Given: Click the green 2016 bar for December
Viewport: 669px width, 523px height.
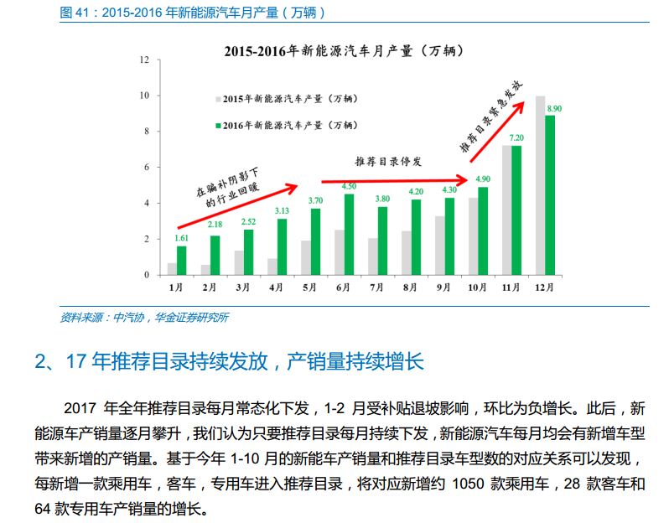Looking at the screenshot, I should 550,195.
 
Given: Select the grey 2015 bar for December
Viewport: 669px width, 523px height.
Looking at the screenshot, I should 540,185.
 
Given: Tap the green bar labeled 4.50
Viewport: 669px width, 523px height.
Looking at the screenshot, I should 349,235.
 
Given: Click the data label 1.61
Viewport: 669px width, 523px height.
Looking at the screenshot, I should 181,239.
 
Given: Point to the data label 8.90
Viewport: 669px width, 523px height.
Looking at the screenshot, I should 553,108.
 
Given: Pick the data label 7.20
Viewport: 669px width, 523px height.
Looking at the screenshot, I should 516,137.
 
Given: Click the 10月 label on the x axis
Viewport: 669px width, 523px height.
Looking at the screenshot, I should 477,287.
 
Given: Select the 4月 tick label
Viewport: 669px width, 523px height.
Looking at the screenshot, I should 276,287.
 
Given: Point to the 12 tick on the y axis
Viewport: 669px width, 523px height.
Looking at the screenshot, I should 144,60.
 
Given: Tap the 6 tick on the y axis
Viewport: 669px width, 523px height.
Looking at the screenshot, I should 146,168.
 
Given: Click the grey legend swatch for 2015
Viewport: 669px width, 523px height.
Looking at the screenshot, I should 219,99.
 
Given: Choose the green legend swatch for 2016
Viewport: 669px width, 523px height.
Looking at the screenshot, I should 219,125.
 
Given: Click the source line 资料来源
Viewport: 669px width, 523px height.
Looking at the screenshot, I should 144,317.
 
